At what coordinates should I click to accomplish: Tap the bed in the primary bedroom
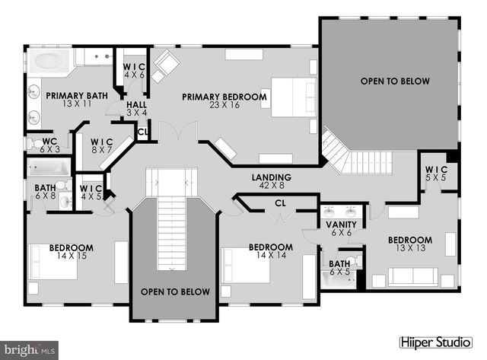[293, 98]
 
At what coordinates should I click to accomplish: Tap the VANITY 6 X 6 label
[341, 229]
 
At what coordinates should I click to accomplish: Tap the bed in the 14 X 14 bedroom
[247, 267]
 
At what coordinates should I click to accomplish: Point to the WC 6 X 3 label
[50, 145]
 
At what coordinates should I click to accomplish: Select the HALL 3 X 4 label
[137, 109]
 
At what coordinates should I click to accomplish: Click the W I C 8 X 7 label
[101, 145]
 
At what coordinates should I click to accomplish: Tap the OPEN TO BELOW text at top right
[395, 81]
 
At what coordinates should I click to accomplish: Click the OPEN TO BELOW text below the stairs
[175, 292]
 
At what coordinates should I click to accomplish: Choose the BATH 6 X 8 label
[46, 191]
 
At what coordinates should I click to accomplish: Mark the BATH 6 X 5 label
[339, 268]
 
